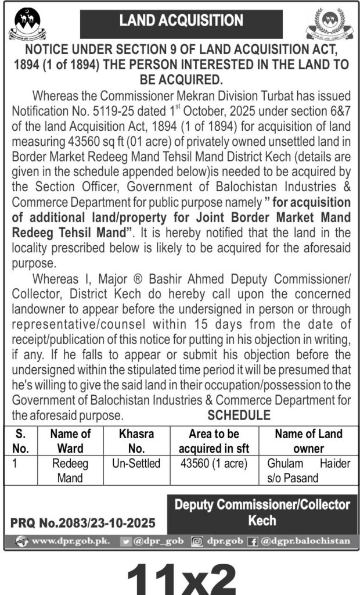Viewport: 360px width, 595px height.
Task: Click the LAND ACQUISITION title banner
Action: click(181, 21)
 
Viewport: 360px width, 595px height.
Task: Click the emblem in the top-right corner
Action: click(329, 24)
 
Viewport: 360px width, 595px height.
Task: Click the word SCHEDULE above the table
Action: click(239, 415)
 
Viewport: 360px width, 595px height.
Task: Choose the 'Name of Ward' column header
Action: click(70, 440)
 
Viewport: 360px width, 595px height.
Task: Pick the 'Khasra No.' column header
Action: click(136, 440)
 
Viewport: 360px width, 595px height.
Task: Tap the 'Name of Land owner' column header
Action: click(308, 440)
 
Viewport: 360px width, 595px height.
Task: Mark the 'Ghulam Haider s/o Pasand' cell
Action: click(308, 471)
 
